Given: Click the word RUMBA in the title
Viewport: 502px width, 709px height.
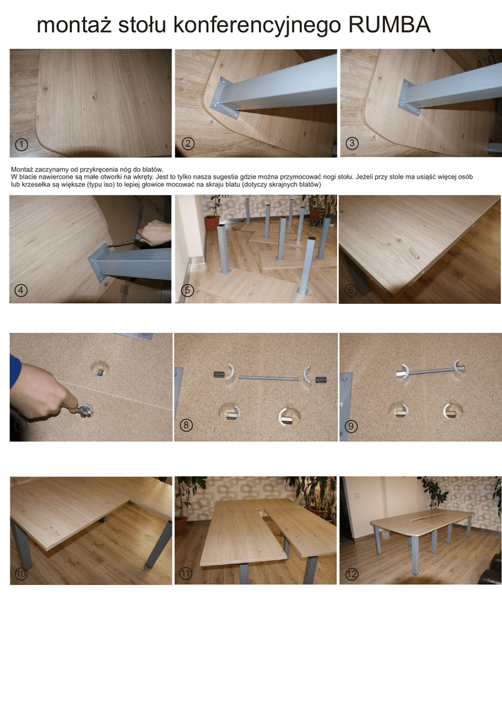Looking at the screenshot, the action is pyautogui.click(x=389, y=24).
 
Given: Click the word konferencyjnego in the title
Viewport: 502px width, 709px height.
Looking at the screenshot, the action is pyautogui.click(x=257, y=26).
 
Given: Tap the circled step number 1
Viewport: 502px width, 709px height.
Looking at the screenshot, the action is pyautogui.click(x=21, y=144).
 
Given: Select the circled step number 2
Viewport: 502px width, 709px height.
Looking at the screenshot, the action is pyautogui.click(x=188, y=144).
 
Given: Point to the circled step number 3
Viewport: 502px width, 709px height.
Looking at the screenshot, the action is pyautogui.click(x=352, y=143).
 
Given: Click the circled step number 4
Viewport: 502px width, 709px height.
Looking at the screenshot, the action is pyautogui.click(x=21, y=290).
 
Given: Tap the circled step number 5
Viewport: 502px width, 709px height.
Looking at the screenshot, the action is pyautogui.click(x=187, y=290).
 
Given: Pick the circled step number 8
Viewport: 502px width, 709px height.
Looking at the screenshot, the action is pyautogui.click(x=186, y=425).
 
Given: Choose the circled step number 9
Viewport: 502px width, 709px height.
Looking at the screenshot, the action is pyautogui.click(x=351, y=426).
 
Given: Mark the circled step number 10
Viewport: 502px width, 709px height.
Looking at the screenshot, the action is pyautogui.click(x=21, y=574).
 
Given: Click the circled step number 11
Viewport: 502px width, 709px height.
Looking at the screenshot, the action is pyautogui.click(x=186, y=574).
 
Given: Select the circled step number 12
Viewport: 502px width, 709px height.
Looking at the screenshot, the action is pyautogui.click(x=352, y=574).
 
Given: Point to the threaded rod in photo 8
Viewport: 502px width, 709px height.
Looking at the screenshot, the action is pyautogui.click(x=269, y=378).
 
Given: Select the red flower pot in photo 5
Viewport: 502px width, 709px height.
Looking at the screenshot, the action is pyautogui.click(x=211, y=222).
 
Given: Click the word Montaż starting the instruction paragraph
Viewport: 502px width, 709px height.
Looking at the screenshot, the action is pyautogui.click(x=21, y=170).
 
